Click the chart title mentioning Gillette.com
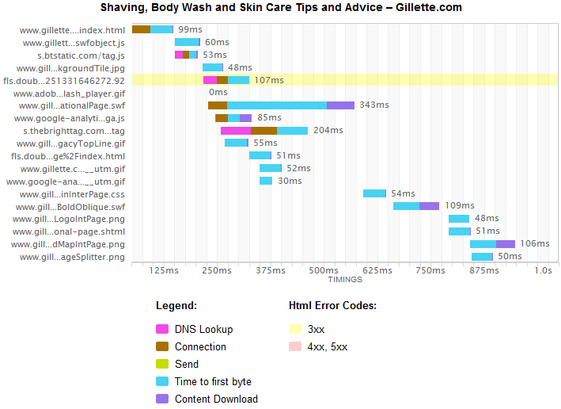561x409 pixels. coord(281,7)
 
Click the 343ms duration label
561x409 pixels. coord(373,105)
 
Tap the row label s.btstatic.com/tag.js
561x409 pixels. coord(81,55)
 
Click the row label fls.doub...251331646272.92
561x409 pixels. coord(64,80)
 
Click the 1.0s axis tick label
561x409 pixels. coord(543,270)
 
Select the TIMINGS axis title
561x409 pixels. coord(345,279)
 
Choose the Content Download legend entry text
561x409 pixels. coord(216,399)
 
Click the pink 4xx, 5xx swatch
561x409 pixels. coord(295,347)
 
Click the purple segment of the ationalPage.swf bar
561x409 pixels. coord(340,105)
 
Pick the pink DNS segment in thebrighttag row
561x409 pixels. coord(236,131)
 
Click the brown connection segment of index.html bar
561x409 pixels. coord(141,29)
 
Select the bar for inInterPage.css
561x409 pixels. coord(374,193)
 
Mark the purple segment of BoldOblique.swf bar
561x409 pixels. coord(429,206)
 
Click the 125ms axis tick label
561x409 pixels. coord(164,270)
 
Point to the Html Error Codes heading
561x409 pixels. coord(332,305)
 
